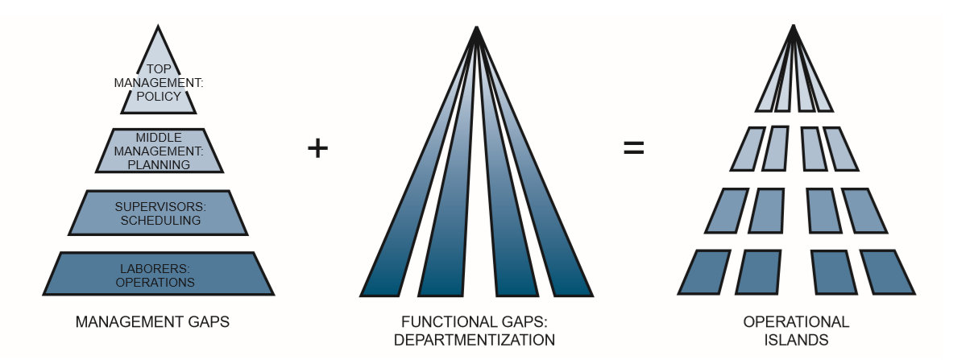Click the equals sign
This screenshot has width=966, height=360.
pyautogui.click(x=634, y=149)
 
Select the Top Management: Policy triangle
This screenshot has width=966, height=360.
pyautogui.click(x=157, y=85)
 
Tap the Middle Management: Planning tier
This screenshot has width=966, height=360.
pyautogui.click(x=157, y=151)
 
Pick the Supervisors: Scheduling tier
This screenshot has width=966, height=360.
pyautogui.click(x=157, y=213)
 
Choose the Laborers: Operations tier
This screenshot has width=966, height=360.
pyautogui.click(x=157, y=274)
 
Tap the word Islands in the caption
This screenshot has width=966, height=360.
pyautogui.click(x=795, y=339)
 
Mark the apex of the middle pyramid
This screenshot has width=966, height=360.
pyautogui.click(x=478, y=31)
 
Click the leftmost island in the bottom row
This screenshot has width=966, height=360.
pyautogui.click(x=702, y=272)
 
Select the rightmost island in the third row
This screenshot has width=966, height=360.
pyautogui.click(x=864, y=210)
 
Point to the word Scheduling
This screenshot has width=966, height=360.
pyautogui.click(x=157, y=218)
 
